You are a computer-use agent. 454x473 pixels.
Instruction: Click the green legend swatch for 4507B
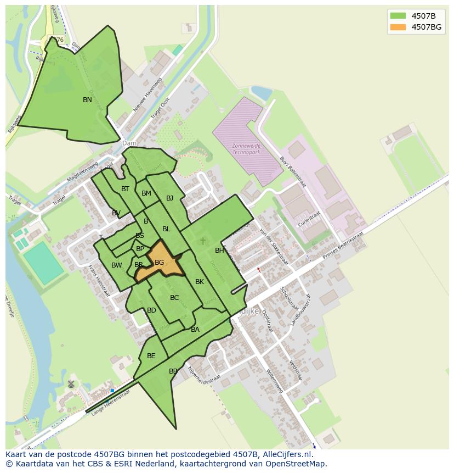point(398,15)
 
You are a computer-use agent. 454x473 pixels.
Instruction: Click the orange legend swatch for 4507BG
point(398,27)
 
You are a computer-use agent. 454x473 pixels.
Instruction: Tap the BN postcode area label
point(87,100)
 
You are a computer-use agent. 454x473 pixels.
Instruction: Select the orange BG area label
point(159,263)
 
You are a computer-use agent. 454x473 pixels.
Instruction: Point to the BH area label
point(219,251)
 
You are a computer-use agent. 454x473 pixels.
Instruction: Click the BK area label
point(200,282)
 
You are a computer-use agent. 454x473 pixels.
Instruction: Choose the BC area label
point(174,298)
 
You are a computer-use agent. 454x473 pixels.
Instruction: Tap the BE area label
point(151,356)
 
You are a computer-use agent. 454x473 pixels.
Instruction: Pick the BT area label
point(125,189)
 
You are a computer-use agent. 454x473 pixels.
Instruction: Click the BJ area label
point(169,198)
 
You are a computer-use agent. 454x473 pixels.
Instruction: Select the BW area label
point(116,265)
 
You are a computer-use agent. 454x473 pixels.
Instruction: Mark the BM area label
point(146,193)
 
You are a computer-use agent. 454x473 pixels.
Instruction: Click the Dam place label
point(129,143)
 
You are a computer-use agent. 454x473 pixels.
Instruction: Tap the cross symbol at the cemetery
point(203,241)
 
